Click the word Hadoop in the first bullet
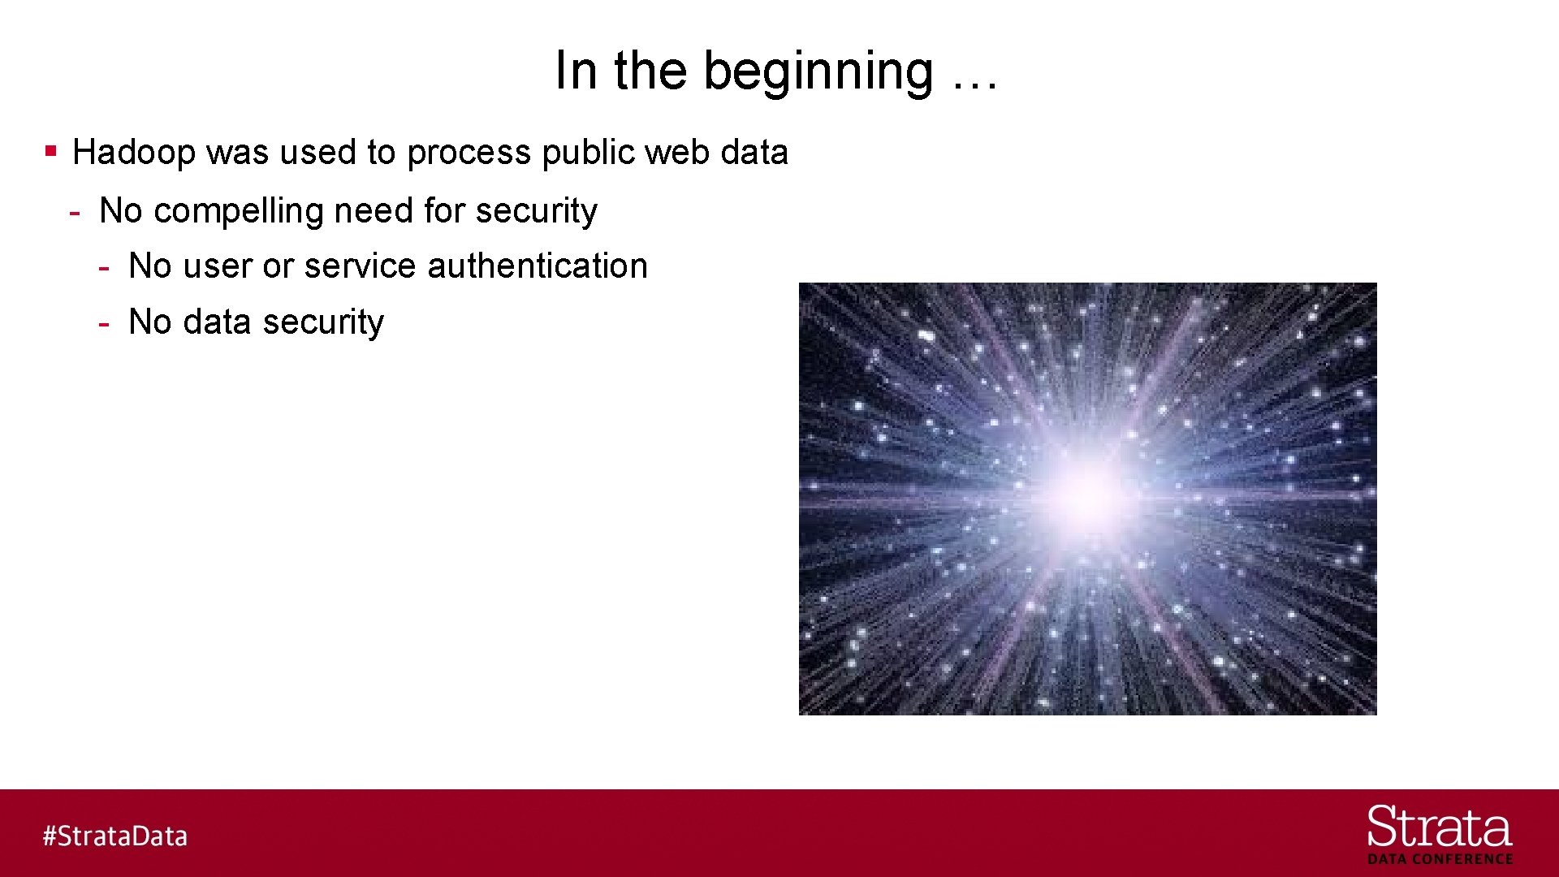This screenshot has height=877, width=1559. tap(133, 153)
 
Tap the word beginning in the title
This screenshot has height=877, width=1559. tap(818, 71)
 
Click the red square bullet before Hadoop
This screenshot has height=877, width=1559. tap(51, 151)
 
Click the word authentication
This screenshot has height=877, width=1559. tap(537, 266)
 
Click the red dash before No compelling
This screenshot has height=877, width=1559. tap(75, 214)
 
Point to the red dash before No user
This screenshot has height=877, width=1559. tap(104, 268)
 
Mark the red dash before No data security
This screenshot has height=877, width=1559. tap(104, 324)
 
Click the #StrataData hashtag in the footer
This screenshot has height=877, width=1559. tap(115, 836)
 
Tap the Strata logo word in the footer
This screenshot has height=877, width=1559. tap(1439, 827)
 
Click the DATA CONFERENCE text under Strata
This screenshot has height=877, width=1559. tap(1440, 859)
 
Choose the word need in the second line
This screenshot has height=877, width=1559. tap(374, 211)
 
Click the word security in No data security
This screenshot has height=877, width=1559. tap(323, 322)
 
